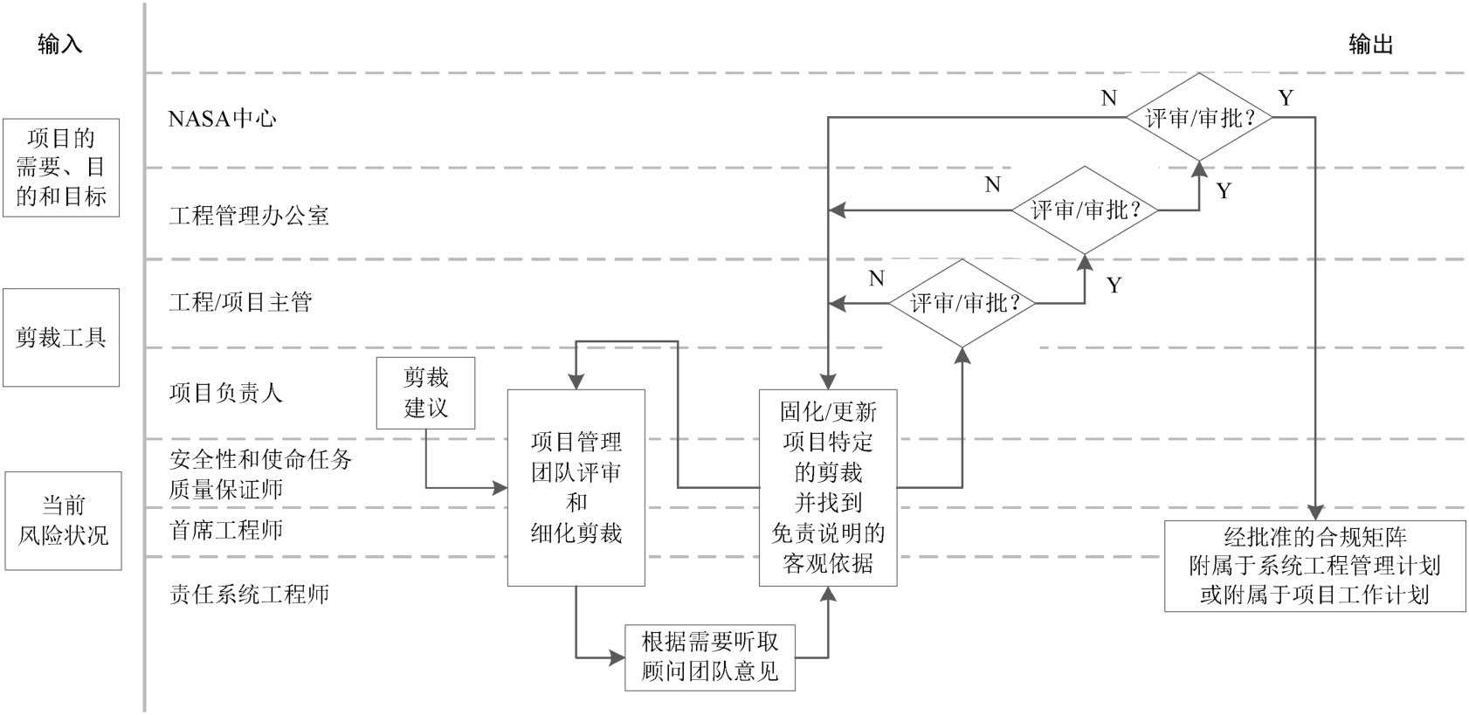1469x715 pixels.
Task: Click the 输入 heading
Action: [60, 45]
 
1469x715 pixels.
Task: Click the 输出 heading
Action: [1370, 45]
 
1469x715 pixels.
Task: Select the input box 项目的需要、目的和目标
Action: [61, 167]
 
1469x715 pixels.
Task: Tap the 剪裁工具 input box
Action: [61, 337]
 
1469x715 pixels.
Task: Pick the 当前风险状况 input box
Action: [63, 520]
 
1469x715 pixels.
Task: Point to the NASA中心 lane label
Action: [222, 119]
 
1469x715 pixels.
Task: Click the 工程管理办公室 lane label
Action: [249, 215]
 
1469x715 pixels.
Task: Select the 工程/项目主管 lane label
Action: [240, 302]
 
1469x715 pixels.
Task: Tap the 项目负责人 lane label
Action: [225, 393]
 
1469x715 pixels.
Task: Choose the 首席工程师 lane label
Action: [225, 530]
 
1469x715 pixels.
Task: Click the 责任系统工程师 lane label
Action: [249, 595]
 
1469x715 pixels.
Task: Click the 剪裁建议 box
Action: [425, 393]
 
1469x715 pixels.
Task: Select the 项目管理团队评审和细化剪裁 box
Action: [576, 487]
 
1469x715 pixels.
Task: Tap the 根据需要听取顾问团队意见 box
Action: [709, 657]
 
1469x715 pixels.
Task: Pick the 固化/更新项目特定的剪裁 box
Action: [828, 487]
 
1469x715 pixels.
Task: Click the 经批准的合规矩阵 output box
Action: [1314, 566]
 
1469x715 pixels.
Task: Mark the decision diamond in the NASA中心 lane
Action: [1198, 118]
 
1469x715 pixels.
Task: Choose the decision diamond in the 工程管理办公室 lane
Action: [1085, 210]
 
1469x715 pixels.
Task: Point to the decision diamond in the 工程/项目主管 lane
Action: [962, 303]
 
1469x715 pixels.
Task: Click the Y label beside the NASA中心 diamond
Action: [1286, 98]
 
